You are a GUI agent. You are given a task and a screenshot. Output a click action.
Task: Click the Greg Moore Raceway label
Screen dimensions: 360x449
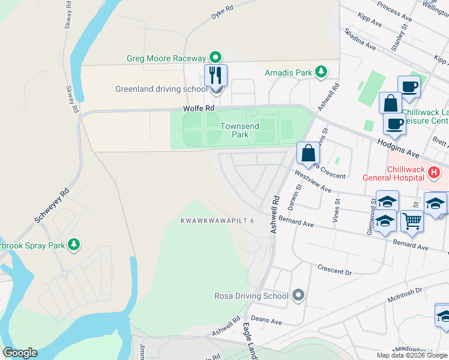(166, 58)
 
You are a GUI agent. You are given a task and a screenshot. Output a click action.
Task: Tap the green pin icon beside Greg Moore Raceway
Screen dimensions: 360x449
(216, 58)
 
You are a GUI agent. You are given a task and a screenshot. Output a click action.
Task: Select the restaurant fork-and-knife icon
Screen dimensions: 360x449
(216, 75)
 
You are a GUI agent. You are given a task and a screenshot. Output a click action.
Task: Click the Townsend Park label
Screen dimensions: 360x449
(234, 130)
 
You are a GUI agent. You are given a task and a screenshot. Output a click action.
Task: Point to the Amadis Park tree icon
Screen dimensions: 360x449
(321, 73)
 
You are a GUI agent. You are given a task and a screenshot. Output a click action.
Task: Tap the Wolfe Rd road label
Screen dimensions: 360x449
(199, 109)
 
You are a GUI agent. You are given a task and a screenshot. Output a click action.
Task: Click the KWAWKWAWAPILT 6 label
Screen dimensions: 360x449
(218, 221)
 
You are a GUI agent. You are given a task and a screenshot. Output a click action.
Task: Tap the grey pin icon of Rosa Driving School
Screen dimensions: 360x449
(298, 296)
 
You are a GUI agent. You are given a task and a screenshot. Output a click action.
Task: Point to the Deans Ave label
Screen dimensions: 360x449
(267, 322)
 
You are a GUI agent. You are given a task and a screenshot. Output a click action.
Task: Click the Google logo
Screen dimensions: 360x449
(20, 353)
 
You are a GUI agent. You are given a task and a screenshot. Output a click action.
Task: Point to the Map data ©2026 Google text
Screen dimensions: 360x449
(411, 355)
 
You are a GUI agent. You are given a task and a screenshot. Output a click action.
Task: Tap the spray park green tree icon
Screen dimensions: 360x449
(73, 245)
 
